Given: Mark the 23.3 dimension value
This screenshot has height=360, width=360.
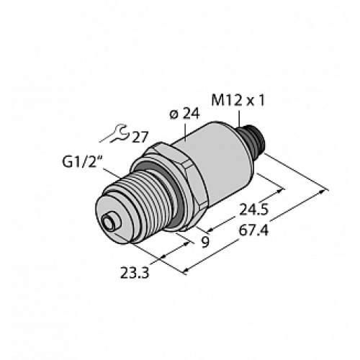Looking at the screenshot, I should click(x=137, y=271).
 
